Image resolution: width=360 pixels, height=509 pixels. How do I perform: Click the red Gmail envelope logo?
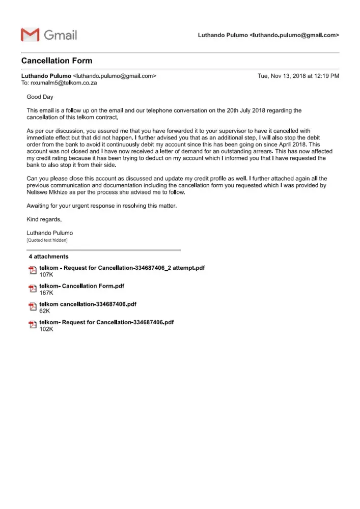click(30, 35)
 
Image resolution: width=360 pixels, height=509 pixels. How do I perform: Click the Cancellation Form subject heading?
click(57, 61)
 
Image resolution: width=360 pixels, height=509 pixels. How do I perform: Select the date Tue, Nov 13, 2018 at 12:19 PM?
click(298, 76)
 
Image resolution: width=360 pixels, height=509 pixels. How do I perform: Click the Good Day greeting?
click(40, 97)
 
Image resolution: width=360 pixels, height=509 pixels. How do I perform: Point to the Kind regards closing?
click(44, 219)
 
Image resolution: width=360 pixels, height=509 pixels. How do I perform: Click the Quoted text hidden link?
click(47, 240)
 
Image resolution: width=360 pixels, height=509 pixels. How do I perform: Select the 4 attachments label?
click(48, 257)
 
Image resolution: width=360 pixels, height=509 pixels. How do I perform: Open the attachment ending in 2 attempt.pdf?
click(122, 268)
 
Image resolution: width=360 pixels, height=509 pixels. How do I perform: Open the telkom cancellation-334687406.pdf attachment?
click(88, 304)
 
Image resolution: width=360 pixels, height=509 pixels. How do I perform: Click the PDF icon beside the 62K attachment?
click(33, 306)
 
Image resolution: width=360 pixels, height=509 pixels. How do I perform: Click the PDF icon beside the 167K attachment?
click(33, 289)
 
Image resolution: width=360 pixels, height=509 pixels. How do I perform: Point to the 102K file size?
click(46, 329)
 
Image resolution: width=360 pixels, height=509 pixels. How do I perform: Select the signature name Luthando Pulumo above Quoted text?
click(49, 233)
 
